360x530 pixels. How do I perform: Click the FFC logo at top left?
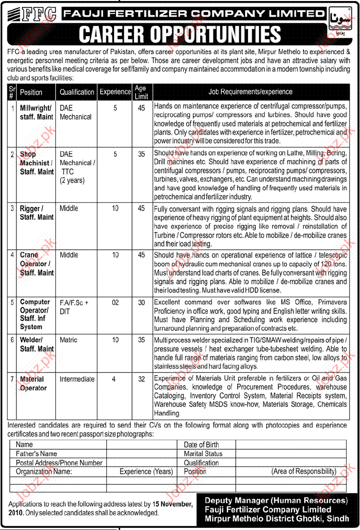[31, 14]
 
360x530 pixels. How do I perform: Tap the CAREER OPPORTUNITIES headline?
[179, 34]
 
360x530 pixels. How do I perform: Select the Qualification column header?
[77, 92]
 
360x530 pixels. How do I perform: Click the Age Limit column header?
[141, 92]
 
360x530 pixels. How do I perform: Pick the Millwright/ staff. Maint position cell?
[37, 113]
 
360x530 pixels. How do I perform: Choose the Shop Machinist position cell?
[37, 163]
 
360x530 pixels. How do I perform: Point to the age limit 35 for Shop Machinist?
[141, 154]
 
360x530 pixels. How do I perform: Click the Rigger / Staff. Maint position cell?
[37, 213]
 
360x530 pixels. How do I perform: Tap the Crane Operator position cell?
[37, 264]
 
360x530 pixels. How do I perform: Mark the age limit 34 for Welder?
[141, 340]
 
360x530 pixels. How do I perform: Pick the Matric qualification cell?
[69, 340]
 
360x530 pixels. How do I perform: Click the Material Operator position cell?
[32, 383]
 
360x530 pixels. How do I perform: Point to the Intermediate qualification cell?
[77, 379]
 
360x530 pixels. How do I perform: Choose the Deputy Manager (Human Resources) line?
[276, 501]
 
